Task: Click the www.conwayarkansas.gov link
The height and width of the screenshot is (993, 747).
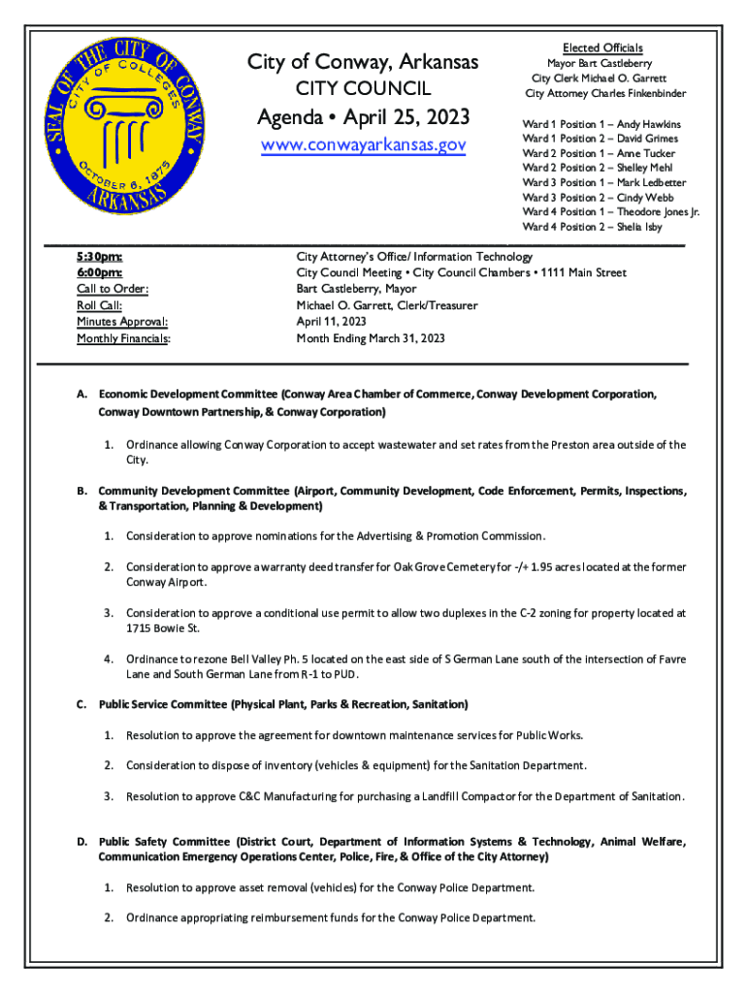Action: [362, 145]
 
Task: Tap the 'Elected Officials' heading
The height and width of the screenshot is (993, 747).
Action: [602, 48]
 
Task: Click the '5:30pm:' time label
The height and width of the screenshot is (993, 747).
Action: [99, 257]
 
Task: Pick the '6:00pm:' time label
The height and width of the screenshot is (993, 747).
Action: [99, 273]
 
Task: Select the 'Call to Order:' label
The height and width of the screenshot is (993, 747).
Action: [113, 289]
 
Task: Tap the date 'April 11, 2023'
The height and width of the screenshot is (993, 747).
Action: [331, 322]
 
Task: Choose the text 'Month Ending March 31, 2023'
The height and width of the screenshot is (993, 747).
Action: [370, 338]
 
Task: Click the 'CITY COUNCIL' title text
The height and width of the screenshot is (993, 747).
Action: [362, 90]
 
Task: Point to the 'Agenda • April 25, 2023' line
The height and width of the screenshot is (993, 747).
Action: [362, 118]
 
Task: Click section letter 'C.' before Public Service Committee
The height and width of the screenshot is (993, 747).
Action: [82, 703]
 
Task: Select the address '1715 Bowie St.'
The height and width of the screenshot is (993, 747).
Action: [161, 628]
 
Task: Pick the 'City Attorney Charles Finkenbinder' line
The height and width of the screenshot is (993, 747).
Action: [605, 93]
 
